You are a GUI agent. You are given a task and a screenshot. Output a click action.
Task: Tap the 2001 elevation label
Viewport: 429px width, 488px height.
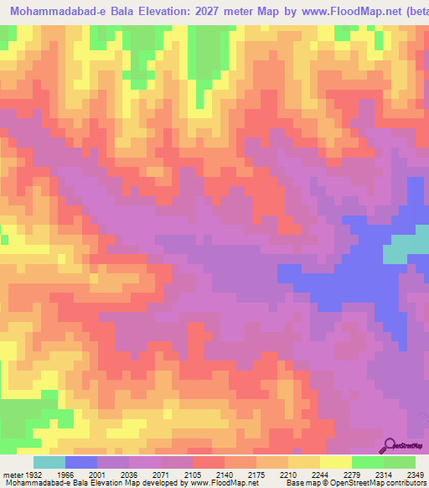[97, 474]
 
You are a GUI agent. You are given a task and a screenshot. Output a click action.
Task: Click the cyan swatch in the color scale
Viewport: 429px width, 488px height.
[49, 462]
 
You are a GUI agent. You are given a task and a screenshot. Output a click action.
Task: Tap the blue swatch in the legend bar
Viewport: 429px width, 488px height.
[81, 462]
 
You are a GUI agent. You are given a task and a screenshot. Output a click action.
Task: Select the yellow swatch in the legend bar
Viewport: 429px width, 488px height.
[335, 462]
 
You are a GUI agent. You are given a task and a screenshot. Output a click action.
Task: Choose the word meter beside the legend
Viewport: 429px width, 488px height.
[11, 474]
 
